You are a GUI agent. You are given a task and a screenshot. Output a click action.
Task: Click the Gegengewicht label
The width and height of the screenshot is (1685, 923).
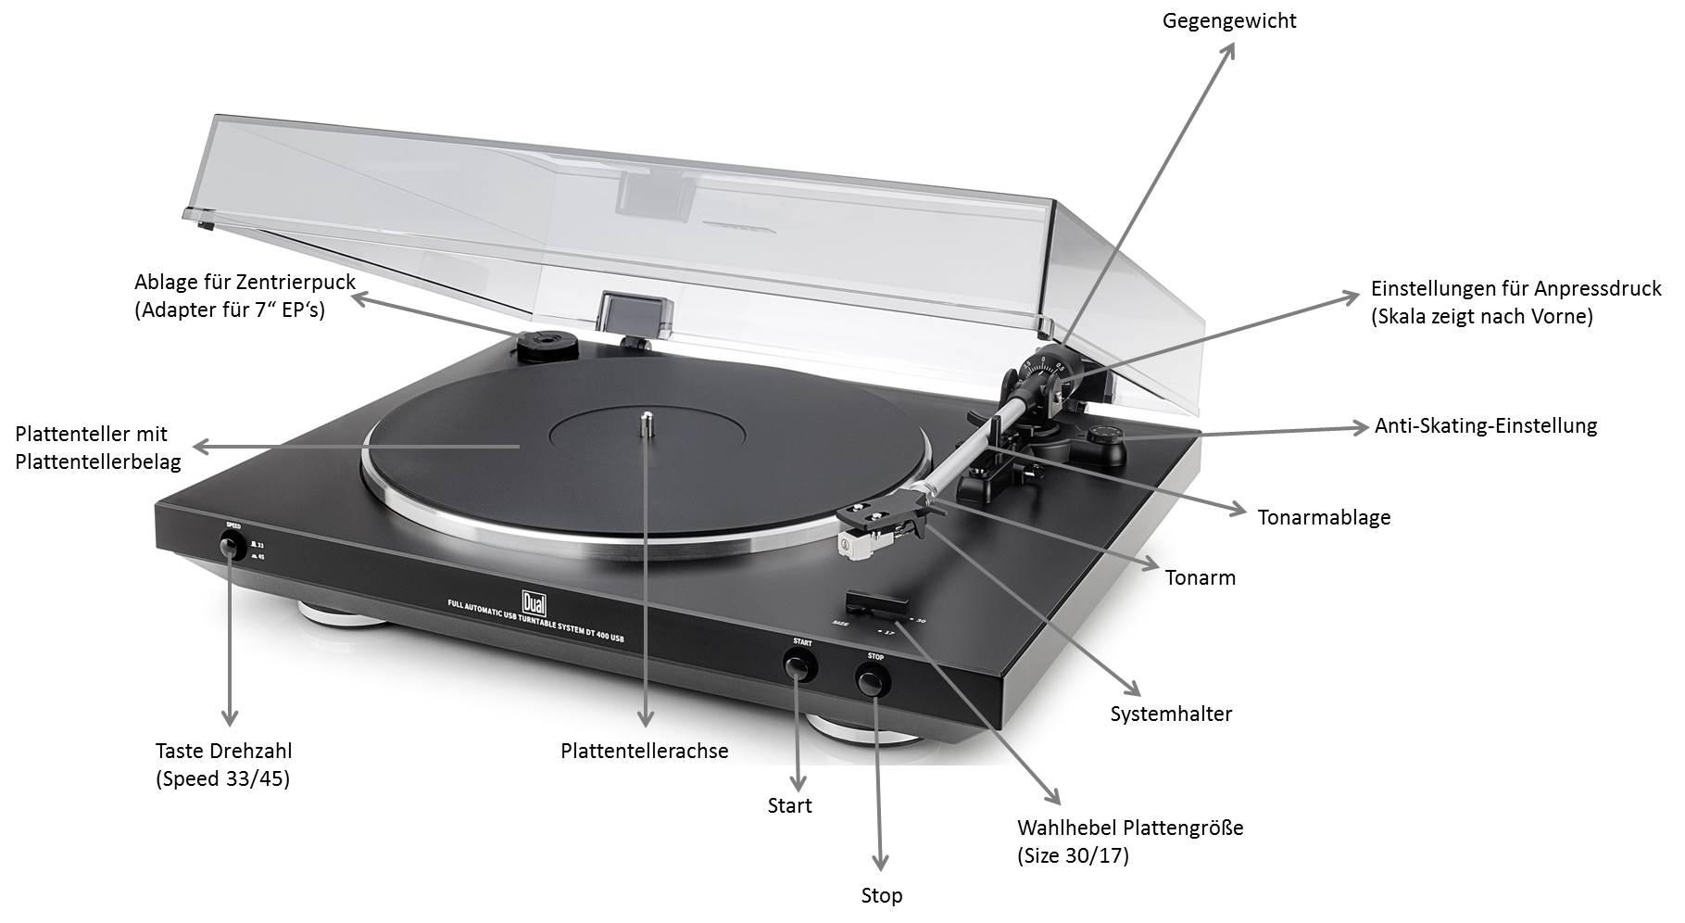click(1229, 20)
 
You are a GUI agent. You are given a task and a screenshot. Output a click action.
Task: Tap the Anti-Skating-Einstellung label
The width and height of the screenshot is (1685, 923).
click(1486, 426)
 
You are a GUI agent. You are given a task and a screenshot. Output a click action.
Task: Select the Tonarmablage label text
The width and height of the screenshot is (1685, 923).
click(1324, 517)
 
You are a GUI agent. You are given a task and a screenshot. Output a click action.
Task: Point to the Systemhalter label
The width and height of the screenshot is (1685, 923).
click(1171, 714)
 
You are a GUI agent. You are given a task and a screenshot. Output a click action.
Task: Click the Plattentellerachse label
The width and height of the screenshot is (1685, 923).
click(644, 751)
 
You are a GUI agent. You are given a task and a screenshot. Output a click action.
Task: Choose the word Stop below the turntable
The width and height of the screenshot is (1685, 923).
click(881, 895)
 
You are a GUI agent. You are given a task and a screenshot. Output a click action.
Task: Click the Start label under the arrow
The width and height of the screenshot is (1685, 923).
click(789, 805)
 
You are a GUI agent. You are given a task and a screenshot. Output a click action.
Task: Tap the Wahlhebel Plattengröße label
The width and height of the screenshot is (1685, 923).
click(1129, 828)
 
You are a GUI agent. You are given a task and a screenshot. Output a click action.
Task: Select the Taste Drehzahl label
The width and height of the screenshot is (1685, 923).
click(223, 752)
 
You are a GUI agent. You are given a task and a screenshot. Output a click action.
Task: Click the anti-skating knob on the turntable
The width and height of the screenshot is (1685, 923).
click(1103, 435)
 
